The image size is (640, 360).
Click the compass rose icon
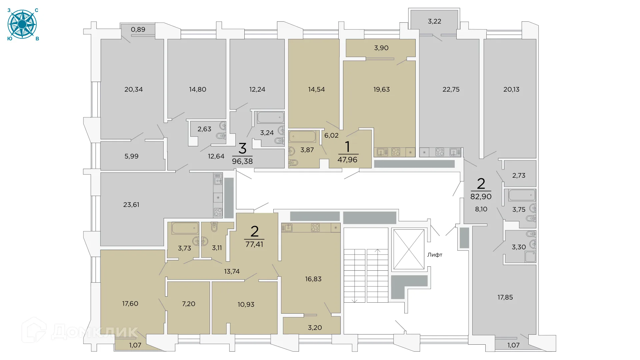tap(22, 24)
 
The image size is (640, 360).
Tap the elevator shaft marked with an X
tap(409, 249)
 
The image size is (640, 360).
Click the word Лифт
tap(435, 255)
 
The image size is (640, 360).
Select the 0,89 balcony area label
tap(138, 29)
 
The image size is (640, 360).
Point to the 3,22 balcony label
tap(434, 21)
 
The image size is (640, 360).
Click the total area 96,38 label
tap(242, 161)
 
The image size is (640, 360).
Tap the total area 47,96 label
tap(347, 160)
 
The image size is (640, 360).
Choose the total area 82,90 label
tap(481, 197)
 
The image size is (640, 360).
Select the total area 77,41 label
tap(254, 244)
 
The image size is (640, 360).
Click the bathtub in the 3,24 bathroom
tap(271, 117)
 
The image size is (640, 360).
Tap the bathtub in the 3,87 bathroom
tap(302, 137)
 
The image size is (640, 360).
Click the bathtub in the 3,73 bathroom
tap(185, 228)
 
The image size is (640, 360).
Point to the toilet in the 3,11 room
tap(214, 227)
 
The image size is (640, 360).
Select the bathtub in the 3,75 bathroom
tap(522, 195)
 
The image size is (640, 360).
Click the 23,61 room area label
tap(131, 205)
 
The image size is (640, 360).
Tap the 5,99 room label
tap(131, 156)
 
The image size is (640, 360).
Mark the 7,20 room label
tap(189, 304)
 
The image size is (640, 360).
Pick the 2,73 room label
tap(519, 175)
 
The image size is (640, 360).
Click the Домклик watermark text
tap(94, 332)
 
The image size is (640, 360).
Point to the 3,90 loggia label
tap(381, 48)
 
